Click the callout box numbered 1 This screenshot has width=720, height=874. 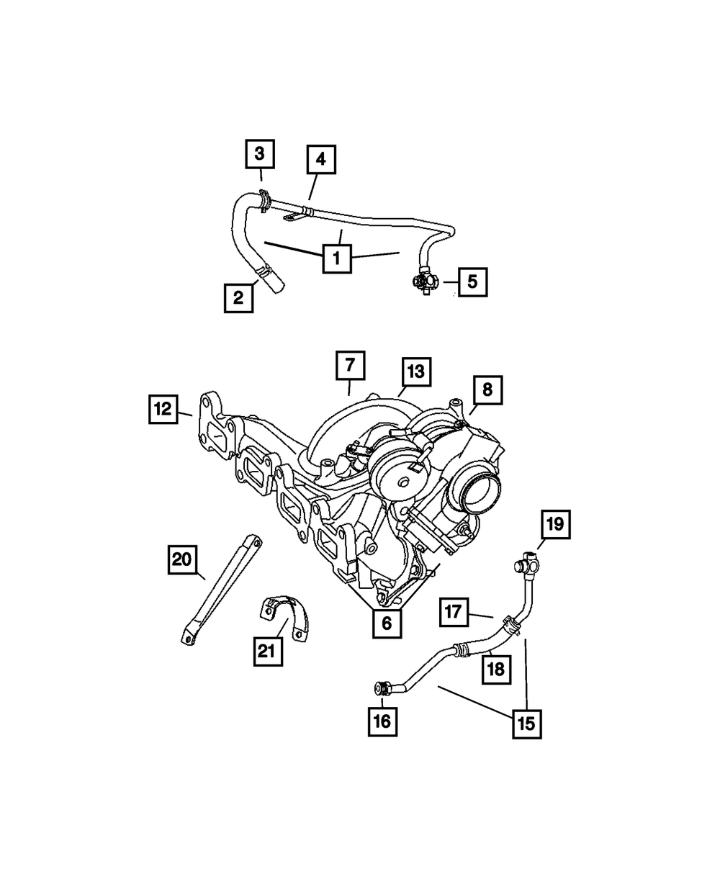337,258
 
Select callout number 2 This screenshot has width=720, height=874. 238,297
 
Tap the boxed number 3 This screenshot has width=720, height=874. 260,153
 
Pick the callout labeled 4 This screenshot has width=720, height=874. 321,161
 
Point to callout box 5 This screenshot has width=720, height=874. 472,282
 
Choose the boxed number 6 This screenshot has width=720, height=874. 387,623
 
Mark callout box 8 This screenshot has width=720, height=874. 487,391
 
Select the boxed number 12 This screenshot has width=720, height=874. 163,409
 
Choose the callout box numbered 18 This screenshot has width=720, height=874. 496,669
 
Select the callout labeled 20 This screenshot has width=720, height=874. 184,560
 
